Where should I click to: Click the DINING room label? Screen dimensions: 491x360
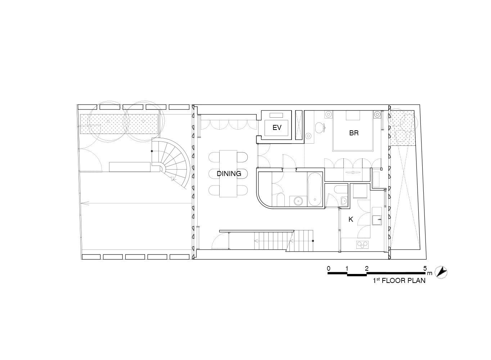(229, 174)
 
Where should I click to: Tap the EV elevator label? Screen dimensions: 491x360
(277, 127)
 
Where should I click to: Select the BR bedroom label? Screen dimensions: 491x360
(354, 133)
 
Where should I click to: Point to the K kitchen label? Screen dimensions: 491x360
(351, 219)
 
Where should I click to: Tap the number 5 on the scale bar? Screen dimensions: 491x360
(425, 268)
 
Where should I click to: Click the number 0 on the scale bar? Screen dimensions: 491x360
(328, 268)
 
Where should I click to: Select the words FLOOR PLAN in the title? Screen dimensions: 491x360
(404, 281)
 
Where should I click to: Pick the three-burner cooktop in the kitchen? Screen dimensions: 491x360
(362, 245)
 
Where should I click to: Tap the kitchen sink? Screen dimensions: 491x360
(377, 220)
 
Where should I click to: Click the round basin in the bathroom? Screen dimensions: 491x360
(297, 201)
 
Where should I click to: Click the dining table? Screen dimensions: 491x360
(228, 174)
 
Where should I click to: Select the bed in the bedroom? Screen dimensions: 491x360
(353, 131)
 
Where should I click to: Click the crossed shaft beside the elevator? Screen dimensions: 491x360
(298, 125)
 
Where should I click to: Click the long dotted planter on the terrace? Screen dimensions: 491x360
(119, 124)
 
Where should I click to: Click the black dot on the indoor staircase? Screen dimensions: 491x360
(313, 241)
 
